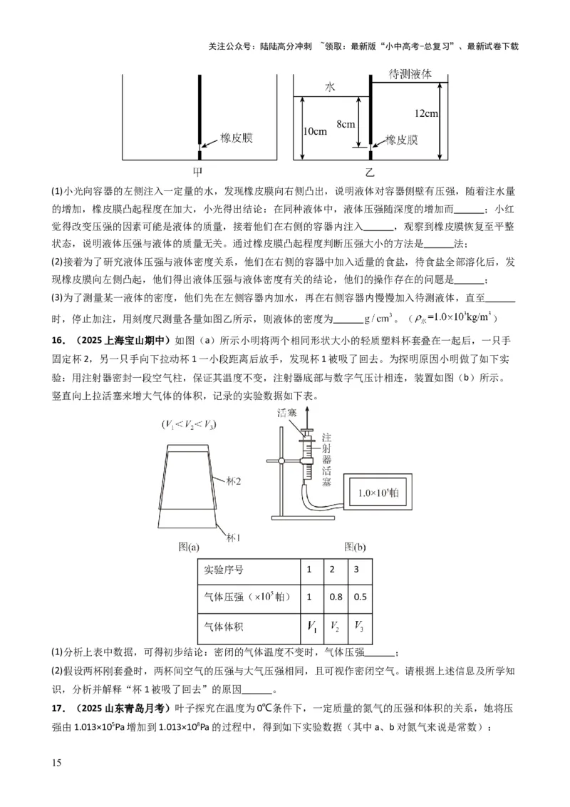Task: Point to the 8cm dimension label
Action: point(346,125)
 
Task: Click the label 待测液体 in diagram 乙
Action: point(410,74)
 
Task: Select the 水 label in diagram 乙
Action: point(330,87)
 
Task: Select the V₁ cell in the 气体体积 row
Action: point(312,627)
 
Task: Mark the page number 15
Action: point(57,764)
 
